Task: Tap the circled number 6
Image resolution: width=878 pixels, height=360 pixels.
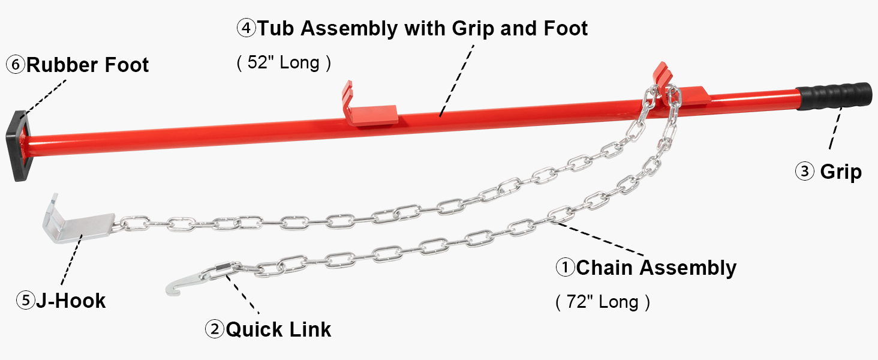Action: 15,64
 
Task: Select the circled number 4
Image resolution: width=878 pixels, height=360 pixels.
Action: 246,28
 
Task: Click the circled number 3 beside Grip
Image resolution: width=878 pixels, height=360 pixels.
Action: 804,172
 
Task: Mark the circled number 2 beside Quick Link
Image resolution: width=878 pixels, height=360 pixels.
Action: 214,329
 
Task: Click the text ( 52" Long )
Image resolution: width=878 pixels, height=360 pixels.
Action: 284,62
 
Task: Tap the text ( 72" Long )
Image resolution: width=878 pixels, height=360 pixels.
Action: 603,301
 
